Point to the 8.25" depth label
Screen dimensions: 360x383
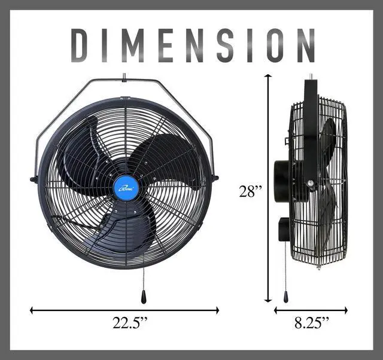311,324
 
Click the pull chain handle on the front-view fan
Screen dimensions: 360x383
143,297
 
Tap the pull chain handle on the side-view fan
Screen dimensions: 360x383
286,297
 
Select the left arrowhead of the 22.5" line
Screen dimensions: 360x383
32,310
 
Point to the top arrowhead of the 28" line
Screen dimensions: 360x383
269,77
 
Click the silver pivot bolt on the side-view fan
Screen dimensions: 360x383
309,185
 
